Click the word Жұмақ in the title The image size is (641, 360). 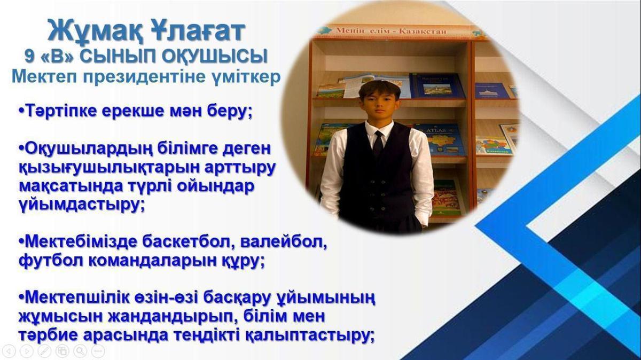(95, 30)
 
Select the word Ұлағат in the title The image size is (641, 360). (198, 30)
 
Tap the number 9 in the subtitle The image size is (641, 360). (29, 56)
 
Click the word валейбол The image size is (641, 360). (283, 242)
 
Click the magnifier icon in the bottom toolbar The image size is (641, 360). (80, 350)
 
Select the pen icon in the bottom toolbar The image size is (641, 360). (44, 350)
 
